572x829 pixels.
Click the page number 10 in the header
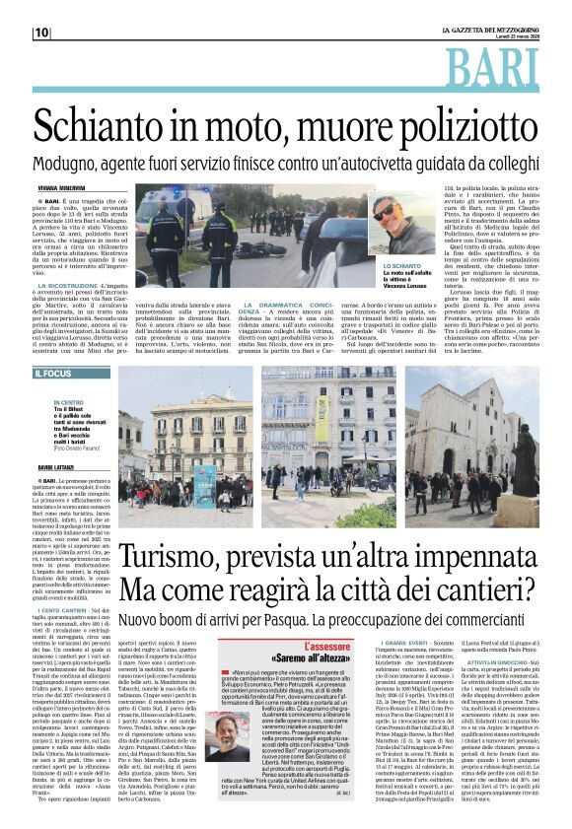[40, 33]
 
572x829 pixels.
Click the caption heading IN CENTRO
[69, 402]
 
